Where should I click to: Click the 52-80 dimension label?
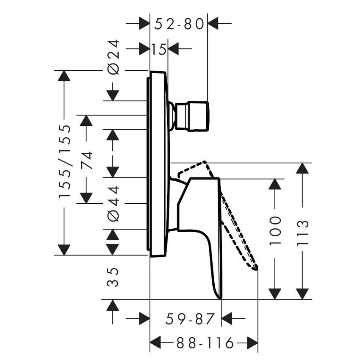(179, 24)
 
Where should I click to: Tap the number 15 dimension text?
(159, 50)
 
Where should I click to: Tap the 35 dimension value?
(112, 277)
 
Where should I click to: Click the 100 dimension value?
(275, 230)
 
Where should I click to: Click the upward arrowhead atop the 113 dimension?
(302, 168)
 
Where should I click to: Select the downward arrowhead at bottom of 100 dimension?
(275, 294)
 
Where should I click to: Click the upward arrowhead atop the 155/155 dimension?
(64, 76)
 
